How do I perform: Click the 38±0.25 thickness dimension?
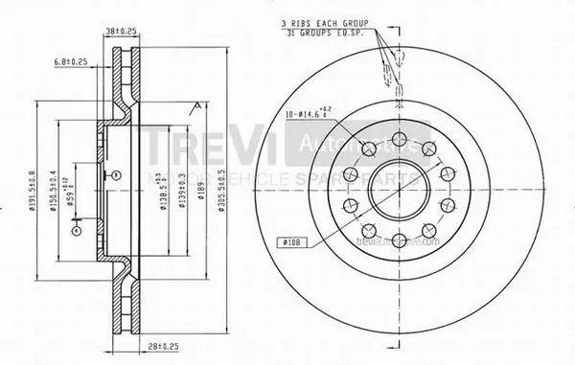coord(120,31)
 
